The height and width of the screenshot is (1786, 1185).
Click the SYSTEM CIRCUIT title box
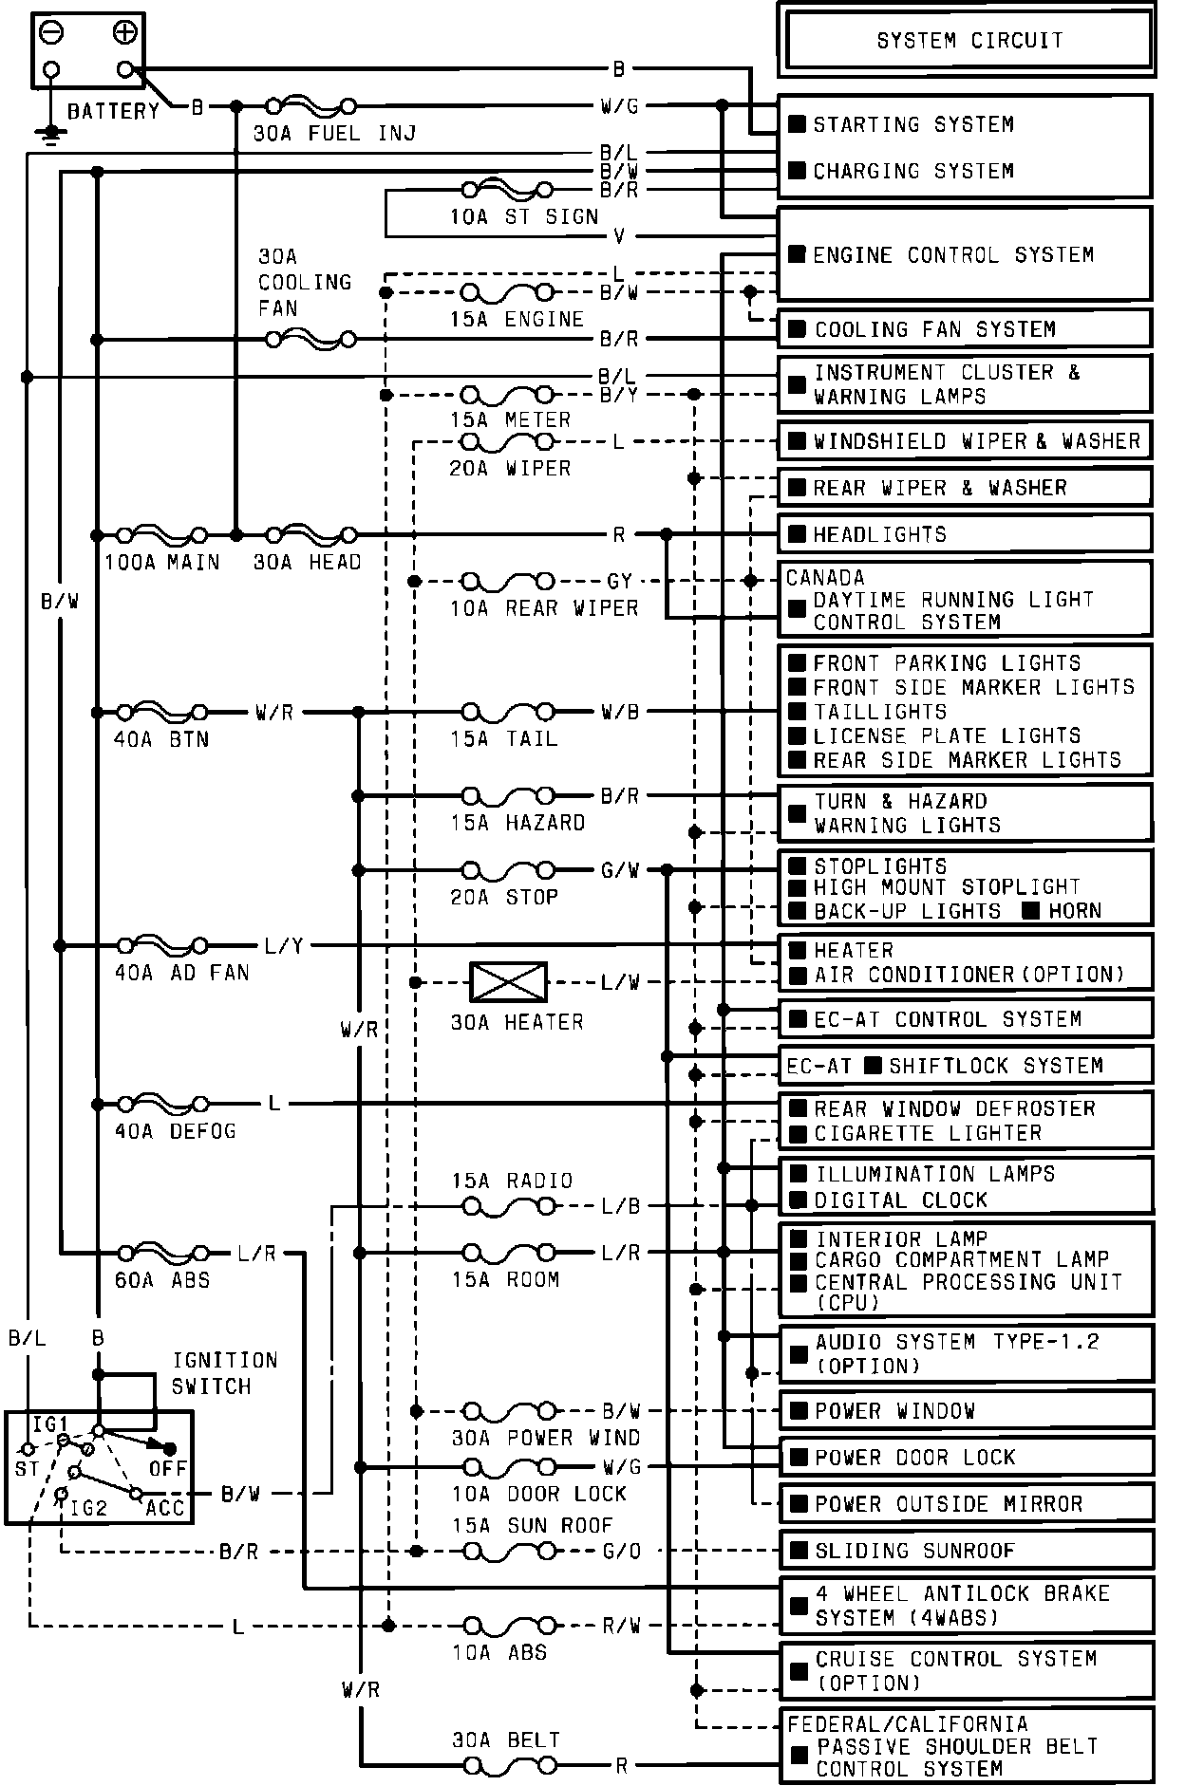(969, 41)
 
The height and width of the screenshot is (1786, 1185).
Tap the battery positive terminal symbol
(124, 33)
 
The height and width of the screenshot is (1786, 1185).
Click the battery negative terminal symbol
(51, 33)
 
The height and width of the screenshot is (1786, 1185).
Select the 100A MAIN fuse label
(161, 563)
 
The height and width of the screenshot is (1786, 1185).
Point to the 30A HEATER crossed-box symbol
(509, 982)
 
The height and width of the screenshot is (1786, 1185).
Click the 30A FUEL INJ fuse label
(334, 134)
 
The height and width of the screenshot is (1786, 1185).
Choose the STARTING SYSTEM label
(912, 124)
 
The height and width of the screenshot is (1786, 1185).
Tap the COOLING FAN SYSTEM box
(965, 329)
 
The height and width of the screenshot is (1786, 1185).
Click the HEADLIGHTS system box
(965, 534)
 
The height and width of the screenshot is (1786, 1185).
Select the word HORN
(1075, 911)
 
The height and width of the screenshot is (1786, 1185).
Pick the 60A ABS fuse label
(162, 1280)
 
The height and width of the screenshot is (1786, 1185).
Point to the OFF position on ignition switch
(168, 1468)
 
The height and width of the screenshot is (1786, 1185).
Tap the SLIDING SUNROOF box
(967, 1551)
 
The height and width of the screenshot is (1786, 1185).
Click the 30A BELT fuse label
(505, 1739)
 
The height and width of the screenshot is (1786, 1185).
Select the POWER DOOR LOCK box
(967, 1457)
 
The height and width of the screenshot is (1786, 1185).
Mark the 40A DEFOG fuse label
(175, 1131)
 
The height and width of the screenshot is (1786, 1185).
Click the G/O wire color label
(621, 1552)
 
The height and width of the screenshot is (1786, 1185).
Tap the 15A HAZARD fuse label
(517, 823)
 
